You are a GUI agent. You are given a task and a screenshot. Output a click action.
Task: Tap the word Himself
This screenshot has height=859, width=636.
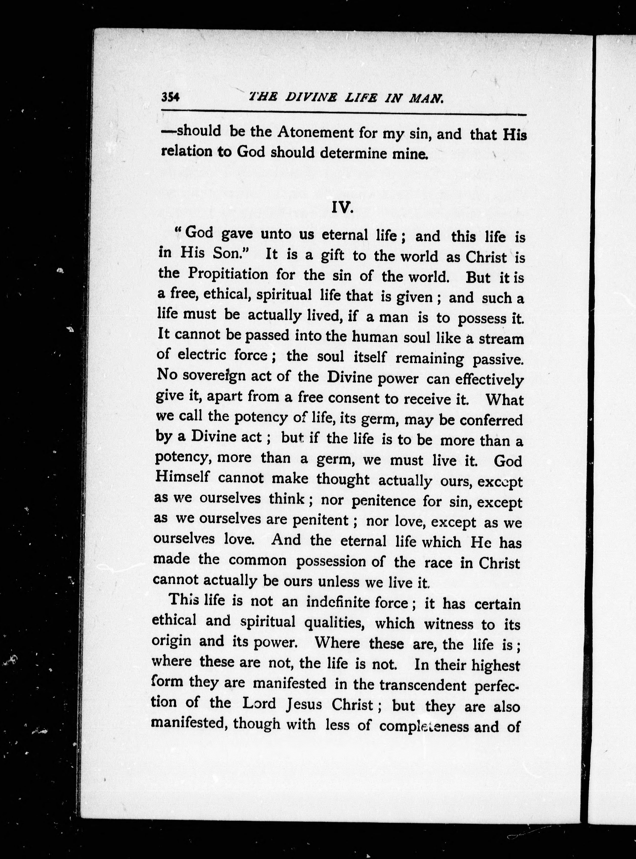point(182,476)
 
